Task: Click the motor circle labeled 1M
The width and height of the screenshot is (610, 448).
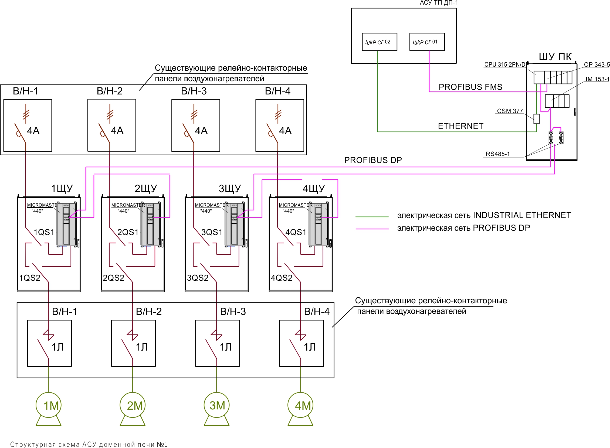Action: point(49,405)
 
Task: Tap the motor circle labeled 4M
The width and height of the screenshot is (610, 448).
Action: point(300,405)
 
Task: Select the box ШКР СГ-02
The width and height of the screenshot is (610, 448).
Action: point(379,42)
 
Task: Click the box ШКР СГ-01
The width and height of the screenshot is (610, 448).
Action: point(427,42)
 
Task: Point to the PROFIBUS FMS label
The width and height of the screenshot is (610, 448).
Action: point(470,87)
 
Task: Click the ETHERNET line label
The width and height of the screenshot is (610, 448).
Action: point(460,126)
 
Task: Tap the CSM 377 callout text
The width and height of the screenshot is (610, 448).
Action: point(510,111)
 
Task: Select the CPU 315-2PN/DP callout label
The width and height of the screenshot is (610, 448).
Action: point(505,65)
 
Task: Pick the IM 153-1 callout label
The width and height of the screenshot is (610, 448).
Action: point(597,79)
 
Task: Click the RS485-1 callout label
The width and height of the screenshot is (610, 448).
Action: point(498,154)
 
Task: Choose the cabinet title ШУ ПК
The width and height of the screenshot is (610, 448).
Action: point(555,57)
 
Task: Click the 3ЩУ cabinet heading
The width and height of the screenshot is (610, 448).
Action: point(230,188)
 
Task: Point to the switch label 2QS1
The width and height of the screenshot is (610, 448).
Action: point(128,232)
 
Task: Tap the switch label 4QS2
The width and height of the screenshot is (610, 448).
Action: point(282,278)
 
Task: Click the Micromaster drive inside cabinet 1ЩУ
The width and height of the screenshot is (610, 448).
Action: point(67,224)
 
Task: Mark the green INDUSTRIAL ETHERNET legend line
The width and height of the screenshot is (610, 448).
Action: point(372,217)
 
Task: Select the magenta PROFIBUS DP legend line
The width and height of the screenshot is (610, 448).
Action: point(372,229)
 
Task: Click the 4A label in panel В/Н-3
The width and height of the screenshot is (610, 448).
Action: point(201,131)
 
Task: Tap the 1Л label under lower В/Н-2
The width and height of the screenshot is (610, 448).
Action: point(142,347)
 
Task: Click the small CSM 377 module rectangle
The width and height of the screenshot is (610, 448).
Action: point(536,119)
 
